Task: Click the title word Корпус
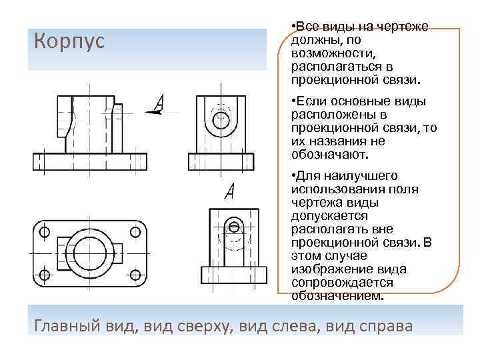click(x=69, y=41)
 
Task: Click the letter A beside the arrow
click(x=159, y=103)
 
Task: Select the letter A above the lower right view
click(x=230, y=191)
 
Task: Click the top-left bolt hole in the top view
click(x=45, y=232)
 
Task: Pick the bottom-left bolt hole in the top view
click(x=45, y=275)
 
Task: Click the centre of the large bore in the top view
click(x=90, y=253)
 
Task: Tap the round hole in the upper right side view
click(x=220, y=121)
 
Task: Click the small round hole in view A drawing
click(x=234, y=225)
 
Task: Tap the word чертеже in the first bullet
click(x=405, y=27)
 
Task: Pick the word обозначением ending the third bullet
click(x=337, y=295)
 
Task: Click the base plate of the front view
click(x=89, y=162)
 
